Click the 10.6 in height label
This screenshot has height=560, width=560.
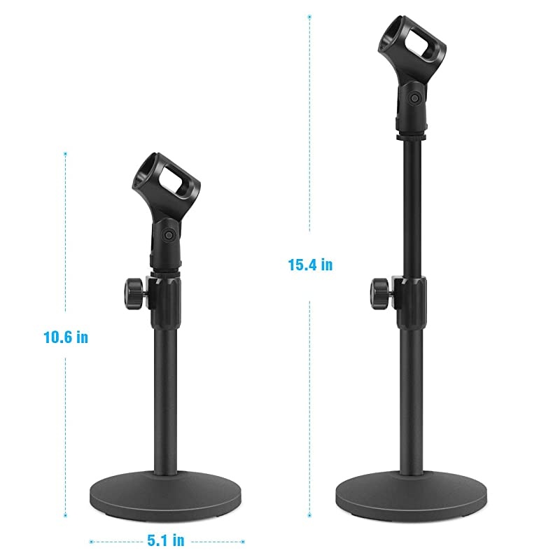coord(65,337)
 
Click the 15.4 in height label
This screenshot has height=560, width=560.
coord(309,265)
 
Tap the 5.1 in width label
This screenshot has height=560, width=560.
coord(166,540)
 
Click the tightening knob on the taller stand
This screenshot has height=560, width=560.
coord(380,287)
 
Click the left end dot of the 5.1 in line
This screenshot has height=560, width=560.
coord(90,541)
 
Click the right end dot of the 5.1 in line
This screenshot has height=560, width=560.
coord(243,541)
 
